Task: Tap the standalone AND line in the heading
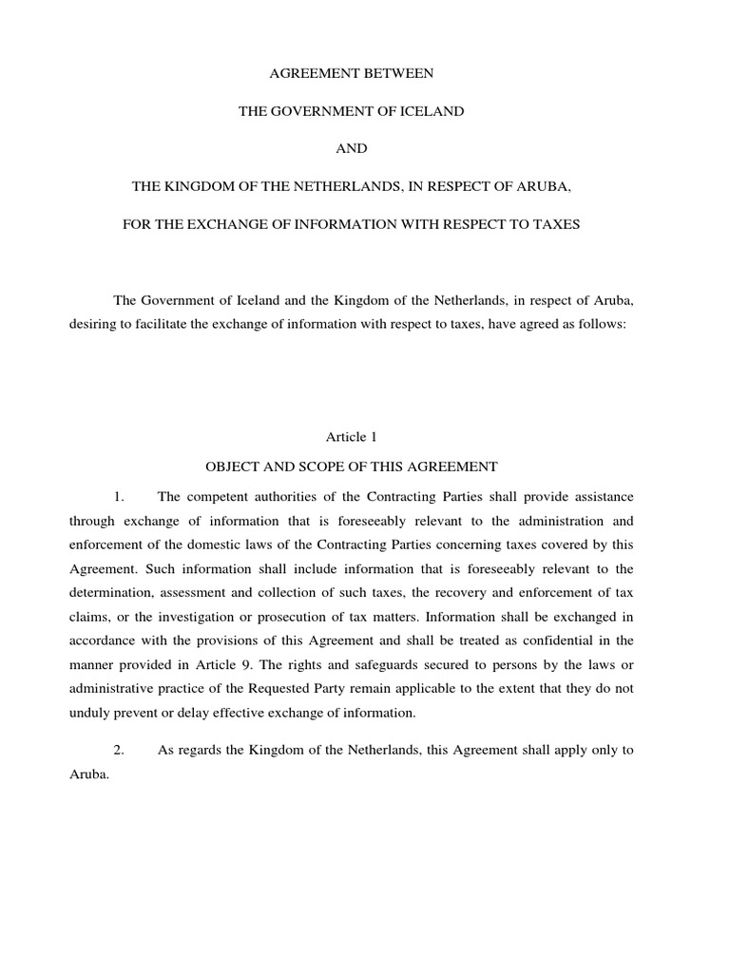coord(351,149)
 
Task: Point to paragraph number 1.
coord(119,496)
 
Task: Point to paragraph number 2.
coord(119,750)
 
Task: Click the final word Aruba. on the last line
coord(89,774)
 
